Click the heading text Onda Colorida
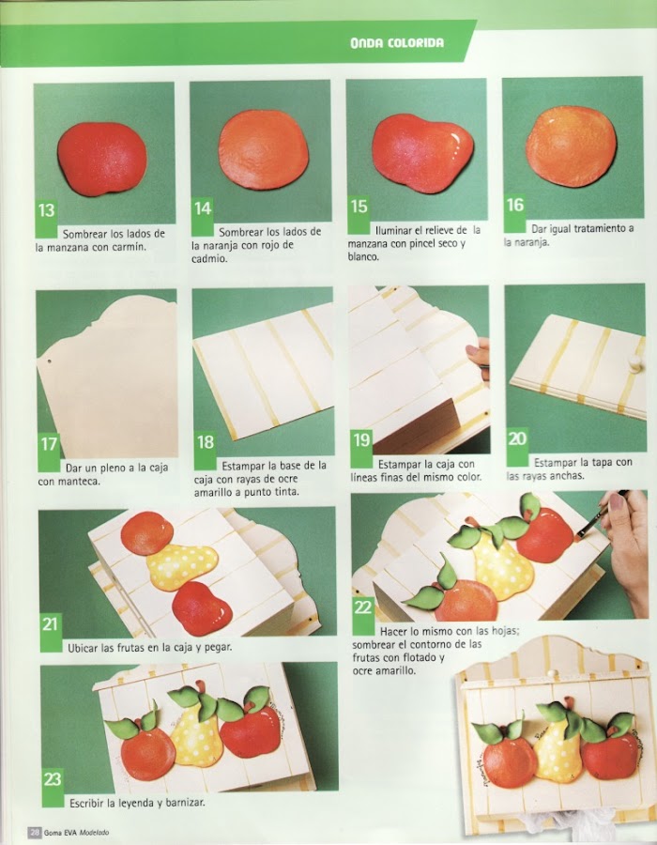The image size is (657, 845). [397, 43]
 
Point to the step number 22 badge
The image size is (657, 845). [363, 615]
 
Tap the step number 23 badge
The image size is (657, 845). [53, 788]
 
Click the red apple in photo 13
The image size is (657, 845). [101, 159]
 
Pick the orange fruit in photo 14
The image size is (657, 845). [264, 150]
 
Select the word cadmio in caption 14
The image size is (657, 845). [209, 259]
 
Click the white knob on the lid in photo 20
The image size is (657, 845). [635, 362]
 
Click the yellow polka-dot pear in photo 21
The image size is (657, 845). [182, 566]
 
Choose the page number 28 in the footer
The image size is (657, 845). [35, 833]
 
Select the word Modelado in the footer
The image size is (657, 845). [94, 833]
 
